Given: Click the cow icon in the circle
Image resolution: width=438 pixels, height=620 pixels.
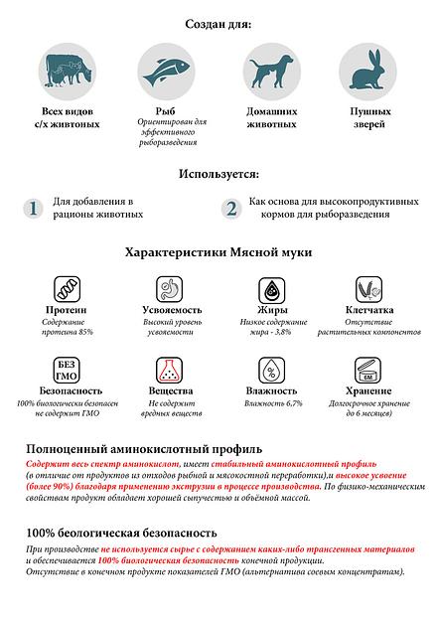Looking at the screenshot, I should coord(70,72).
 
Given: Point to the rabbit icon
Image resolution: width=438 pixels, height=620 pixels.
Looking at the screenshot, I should coord(364,72).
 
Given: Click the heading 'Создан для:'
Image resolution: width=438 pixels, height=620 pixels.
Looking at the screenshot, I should coord(218,23).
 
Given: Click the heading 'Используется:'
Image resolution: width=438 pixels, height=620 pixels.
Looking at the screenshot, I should coord(219,173).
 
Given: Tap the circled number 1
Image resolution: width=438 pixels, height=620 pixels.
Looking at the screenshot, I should coord(33,208).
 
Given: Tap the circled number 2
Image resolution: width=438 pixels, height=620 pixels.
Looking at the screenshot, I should coord(231,208).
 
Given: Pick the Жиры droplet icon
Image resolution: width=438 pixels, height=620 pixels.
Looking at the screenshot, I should coord(271,289).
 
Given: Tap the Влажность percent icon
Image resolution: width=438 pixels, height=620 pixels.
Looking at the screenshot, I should coord(271,370).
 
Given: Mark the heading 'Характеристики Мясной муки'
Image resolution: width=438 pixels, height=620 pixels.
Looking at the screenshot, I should coord(218,252).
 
